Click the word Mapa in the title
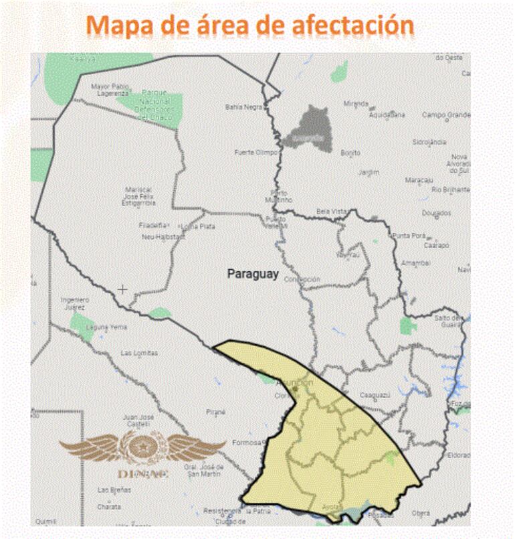point(119,25)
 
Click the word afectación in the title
point(353,25)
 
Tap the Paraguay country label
point(253,273)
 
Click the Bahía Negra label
point(243,106)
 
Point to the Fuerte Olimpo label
point(255,153)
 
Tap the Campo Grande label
point(446,114)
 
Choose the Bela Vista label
point(332,211)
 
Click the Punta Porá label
point(409,236)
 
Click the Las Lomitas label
point(139,353)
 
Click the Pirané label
point(216,412)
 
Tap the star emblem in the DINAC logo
point(142,445)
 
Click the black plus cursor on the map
point(122,289)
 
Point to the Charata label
point(109,507)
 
